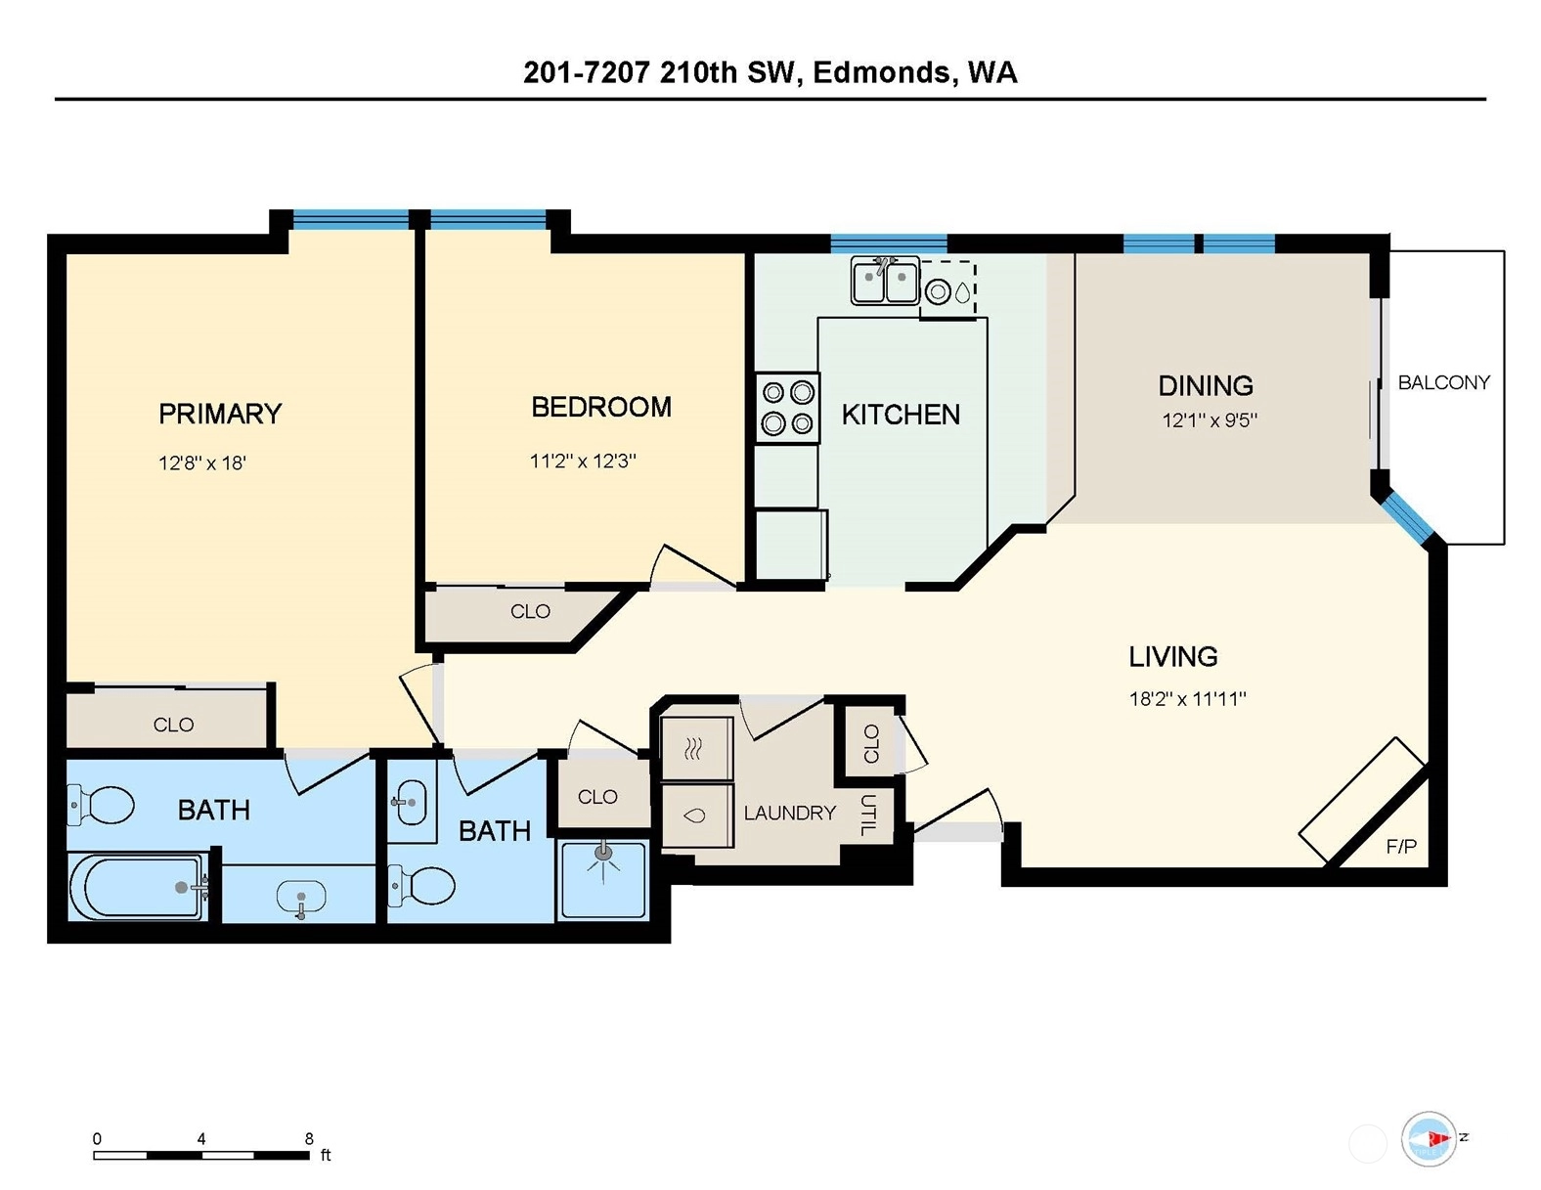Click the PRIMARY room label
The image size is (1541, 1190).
pyautogui.click(x=220, y=414)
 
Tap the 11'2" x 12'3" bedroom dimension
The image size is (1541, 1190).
pyautogui.click(x=583, y=461)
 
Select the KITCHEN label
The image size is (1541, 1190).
pyautogui.click(x=901, y=415)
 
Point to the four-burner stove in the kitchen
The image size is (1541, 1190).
pyautogui.click(x=787, y=409)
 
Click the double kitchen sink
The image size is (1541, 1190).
pyautogui.click(x=885, y=281)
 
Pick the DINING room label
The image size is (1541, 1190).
pyautogui.click(x=1206, y=386)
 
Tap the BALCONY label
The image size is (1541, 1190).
pyautogui.click(x=1444, y=383)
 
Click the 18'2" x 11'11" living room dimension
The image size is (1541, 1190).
pyautogui.click(x=1188, y=699)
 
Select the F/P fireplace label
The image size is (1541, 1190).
pyautogui.click(x=1401, y=846)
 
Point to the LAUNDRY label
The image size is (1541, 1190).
pyautogui.click(x=790, y=813)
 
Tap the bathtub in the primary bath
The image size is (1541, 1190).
pyautogui.click(x=139, y=887)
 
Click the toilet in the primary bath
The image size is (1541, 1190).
pyautogui.click(x=101, y=805)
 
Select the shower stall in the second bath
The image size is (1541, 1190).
pyautogui.click(x=602, y=880)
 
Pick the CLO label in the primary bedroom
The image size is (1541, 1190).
pyautogui.click(x=174, y=725)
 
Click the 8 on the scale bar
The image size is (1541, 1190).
pyautogui.click(x=309, y=1139)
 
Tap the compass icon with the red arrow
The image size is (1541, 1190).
pyautogui.click(x=1429, y=1138)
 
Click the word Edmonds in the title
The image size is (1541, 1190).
pyautogui.click(x=882, y=73)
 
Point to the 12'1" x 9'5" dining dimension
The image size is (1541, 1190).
pyautogui.click(x=1210, y=420)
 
